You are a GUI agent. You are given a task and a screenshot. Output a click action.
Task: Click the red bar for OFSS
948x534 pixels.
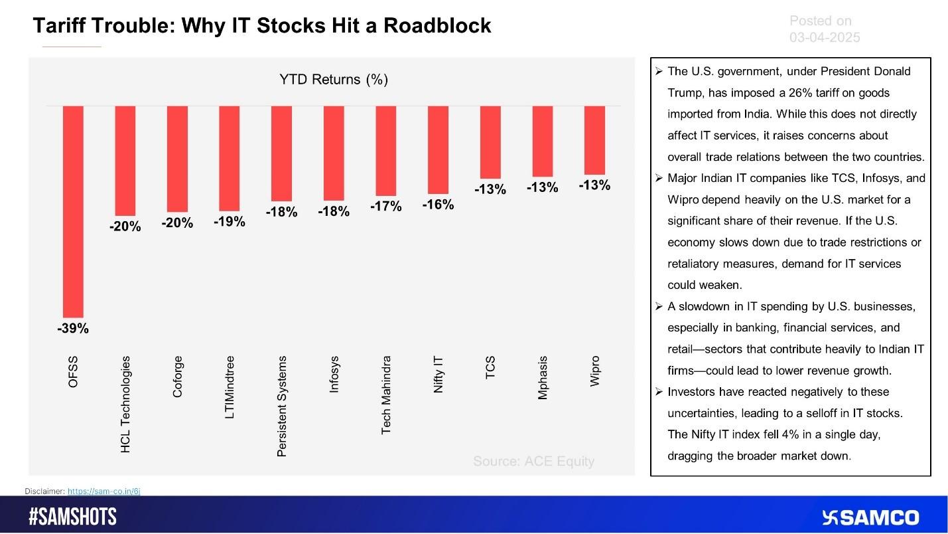coord(73,211)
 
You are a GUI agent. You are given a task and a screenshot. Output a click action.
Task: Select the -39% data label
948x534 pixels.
coord(73,329)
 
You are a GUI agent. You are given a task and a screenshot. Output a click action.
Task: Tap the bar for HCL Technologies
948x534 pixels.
coord(125,160)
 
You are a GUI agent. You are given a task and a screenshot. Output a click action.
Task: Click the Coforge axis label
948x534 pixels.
coord(177,377)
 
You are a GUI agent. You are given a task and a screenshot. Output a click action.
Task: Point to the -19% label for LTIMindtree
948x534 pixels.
coord(230,222)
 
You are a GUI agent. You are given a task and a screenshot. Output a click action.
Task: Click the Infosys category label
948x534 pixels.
coord(334,375)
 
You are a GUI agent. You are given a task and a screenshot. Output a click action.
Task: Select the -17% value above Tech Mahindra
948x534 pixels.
coord(386,207)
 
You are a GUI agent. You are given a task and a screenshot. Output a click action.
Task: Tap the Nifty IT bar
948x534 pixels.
coord(438,149)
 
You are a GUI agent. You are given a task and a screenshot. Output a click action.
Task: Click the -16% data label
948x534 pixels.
coord(438,205)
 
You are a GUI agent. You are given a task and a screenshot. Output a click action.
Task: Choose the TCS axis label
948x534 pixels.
coord(490,367)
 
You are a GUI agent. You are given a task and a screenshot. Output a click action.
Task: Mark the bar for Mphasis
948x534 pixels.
coord(542,141)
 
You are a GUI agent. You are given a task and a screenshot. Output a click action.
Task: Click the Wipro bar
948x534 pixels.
coord(594,139)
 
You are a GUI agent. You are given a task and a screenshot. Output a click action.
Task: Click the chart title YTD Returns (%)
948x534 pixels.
coord(333,80)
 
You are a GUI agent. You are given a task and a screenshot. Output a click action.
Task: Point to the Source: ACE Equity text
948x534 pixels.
coord(533,461)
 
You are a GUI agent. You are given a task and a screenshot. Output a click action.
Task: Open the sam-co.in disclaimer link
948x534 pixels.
coord(104,491)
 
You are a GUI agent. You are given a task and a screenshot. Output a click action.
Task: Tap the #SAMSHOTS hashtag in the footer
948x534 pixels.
coord(73,517)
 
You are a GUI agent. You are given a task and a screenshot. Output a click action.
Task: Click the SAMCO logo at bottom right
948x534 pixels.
coord(870,517)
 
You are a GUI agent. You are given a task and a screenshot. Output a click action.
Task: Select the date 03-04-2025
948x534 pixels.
coord(825,38)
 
